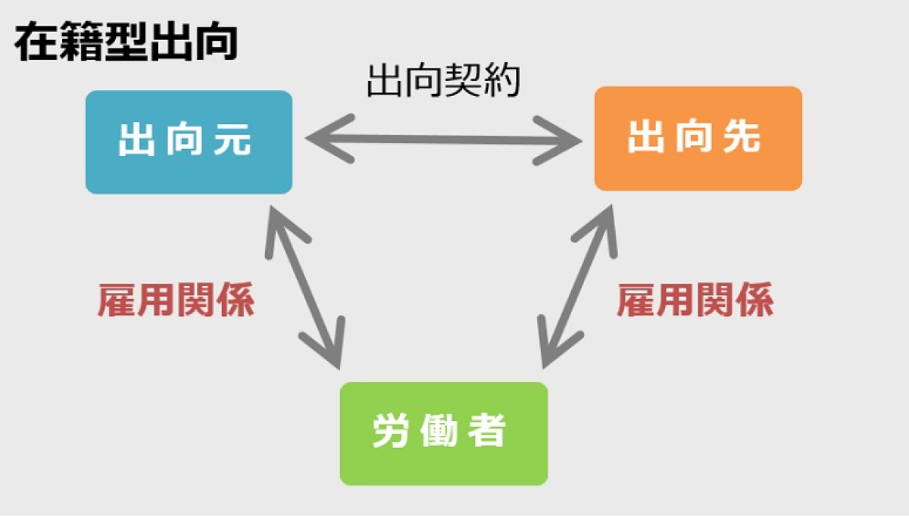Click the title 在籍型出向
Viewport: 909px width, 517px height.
click(126, 42)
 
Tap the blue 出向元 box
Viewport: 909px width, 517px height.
click(189, 142)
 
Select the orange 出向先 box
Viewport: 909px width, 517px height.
click(698, 139)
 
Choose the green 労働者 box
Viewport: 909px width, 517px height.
click(444, 434)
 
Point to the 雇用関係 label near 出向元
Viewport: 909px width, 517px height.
click(176, 300)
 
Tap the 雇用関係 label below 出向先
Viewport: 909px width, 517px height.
click(695, 300)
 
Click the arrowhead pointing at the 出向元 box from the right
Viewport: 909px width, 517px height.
click(329, 139)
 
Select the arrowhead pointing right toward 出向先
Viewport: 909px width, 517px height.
click(558, 141)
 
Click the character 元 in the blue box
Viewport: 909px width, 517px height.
click(233, 139)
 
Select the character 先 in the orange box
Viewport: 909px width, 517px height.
click(742, 137)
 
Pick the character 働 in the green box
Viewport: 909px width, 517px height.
click(439, 431)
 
